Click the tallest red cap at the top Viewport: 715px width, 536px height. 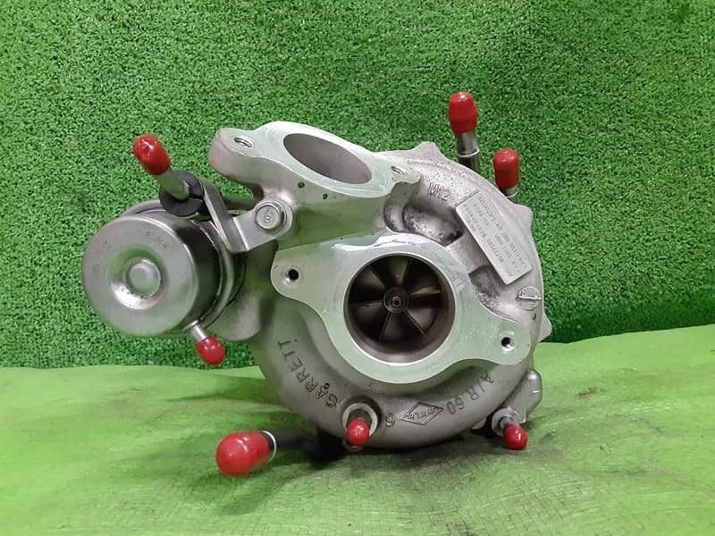click(462, 112)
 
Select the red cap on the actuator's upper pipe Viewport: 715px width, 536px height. click(152, 155)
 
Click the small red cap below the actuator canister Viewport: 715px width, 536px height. click(211, 350)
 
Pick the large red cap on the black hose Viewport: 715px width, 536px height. click(243, 453)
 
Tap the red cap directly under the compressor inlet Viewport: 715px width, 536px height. click(357, 432)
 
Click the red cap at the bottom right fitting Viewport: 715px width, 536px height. click(515, 437)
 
